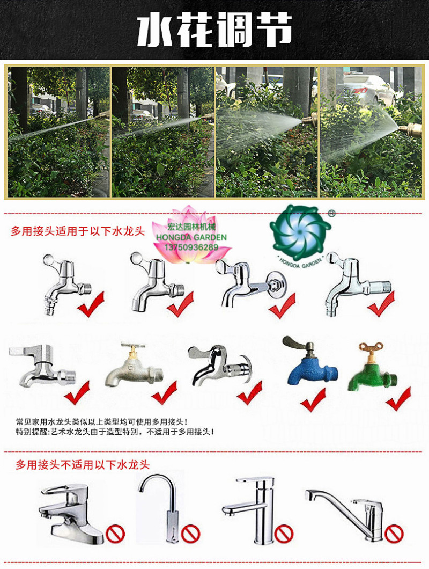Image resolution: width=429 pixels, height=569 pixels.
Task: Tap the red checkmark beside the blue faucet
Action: click(x=313, y=399)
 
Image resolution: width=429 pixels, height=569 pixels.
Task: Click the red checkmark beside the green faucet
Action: click(x=398, y=398)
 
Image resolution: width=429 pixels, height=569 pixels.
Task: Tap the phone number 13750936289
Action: click(x=191, y=247)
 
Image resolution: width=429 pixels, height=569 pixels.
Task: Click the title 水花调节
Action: click(x=214, y=29)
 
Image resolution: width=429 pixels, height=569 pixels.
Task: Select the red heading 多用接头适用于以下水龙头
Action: click(x=78, y=231)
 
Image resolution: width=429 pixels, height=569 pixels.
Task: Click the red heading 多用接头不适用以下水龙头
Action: click(x=83, y=464)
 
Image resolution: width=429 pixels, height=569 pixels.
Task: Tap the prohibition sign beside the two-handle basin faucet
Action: click(x=115, y=534)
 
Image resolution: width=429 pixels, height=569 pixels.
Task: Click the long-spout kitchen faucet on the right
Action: click(x=344, y=514)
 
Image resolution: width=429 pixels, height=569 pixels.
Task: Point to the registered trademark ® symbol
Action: click(x=331, y=214)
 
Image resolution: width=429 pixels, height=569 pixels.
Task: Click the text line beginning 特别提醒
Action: click(x=115, y=432)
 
